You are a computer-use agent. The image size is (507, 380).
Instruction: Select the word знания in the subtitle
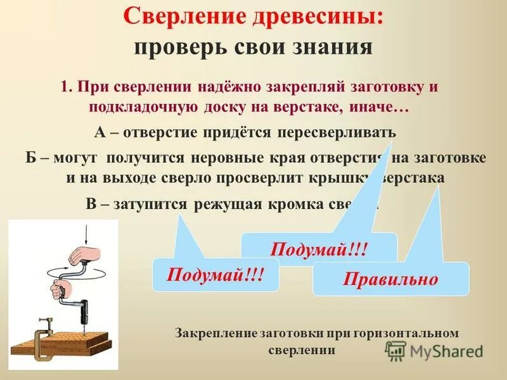330,47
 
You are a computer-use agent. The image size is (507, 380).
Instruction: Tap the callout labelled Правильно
390,279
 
